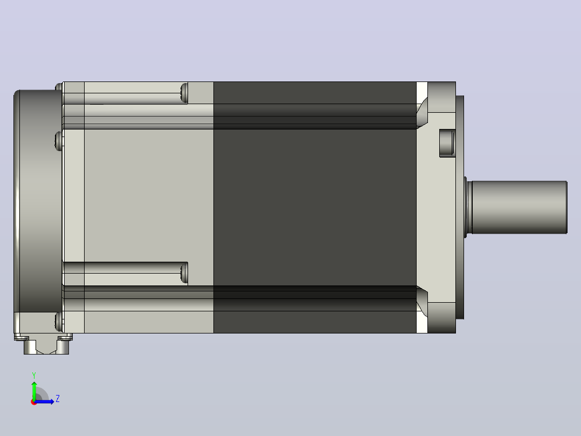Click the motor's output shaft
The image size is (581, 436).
click(518, 207)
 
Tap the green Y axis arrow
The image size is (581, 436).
click(34, 390)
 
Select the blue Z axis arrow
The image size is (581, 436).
click(44, 401)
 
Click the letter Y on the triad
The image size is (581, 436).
click(34, 376)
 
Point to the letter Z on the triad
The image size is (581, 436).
click(58, 399)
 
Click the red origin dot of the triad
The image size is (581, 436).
click(34, 402)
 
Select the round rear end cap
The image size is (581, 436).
click(38, 201)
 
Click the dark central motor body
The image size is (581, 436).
click(315, 207)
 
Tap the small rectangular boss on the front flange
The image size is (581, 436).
click(447, 143)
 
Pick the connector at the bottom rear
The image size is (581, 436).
click(45, 344)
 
